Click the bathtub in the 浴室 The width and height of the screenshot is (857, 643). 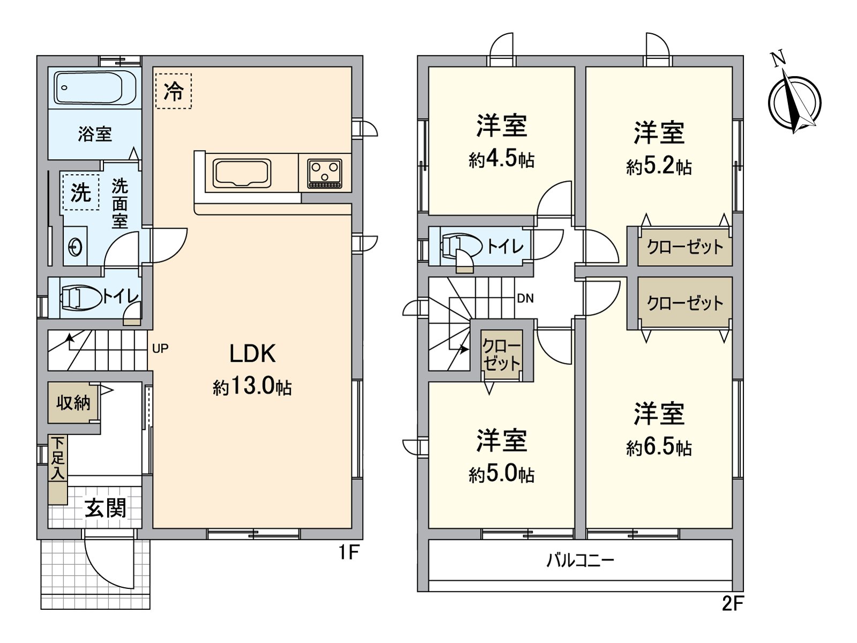tap(95, 88)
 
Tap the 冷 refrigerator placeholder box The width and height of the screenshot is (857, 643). tap(173, 91)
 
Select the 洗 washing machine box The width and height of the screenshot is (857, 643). tap(81, 192)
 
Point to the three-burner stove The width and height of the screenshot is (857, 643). tap(325, 173)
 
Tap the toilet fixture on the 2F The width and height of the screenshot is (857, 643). tap(460, 246)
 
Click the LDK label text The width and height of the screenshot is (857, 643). tap(252, 354)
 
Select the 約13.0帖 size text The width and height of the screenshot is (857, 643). tap(252, 386)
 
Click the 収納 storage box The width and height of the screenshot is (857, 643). tap(73, 402)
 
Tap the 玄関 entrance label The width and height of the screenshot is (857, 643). tap(106, 508)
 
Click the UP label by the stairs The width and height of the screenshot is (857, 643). tap(160, 349)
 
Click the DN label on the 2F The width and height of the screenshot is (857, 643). tap(525, 298)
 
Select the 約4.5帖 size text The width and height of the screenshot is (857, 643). tap(501, 159)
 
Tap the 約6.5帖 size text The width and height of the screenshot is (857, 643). tap(659, 447)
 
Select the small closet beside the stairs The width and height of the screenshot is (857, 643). tap(501, 354)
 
